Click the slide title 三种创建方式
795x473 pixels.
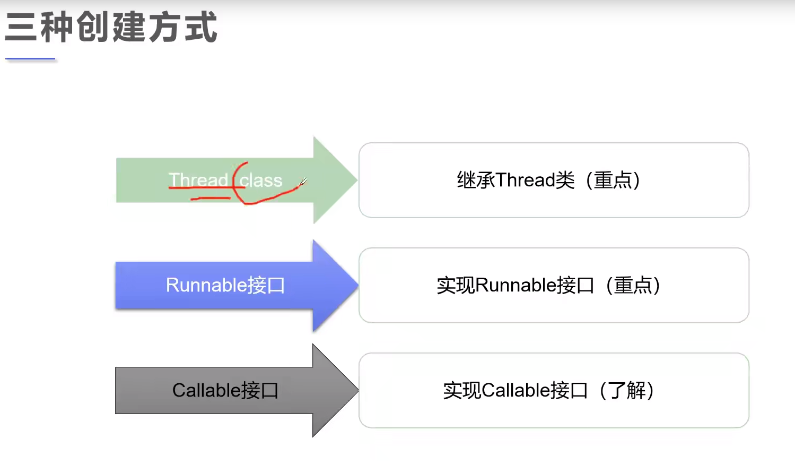tap(111, 27)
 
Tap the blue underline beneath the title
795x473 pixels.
tap(30, 59)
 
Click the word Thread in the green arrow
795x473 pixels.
tap(198, 180)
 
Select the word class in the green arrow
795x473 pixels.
tap(261, 180)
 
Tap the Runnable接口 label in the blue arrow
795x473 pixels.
tap(225, 285)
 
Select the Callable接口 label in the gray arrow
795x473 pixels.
tap(225, 390)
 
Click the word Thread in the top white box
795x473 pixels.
tap(526, 180)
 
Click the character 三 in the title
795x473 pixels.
tap(21, 27)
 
